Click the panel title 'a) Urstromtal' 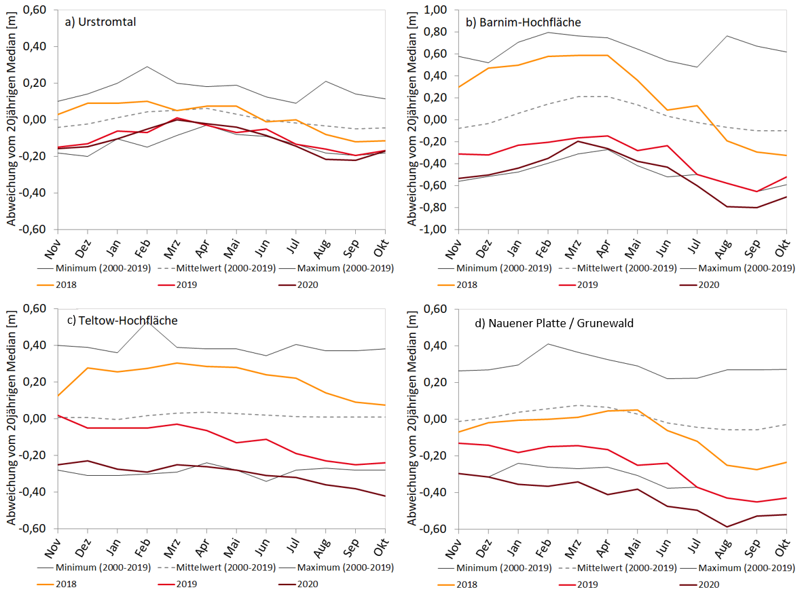(100, 21)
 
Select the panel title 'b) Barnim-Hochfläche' (523, 22)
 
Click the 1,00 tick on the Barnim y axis (439, 10)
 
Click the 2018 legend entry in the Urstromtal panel (65, 284)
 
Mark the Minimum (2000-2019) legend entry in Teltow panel (86, 567)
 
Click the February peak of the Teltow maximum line (147, 320)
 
